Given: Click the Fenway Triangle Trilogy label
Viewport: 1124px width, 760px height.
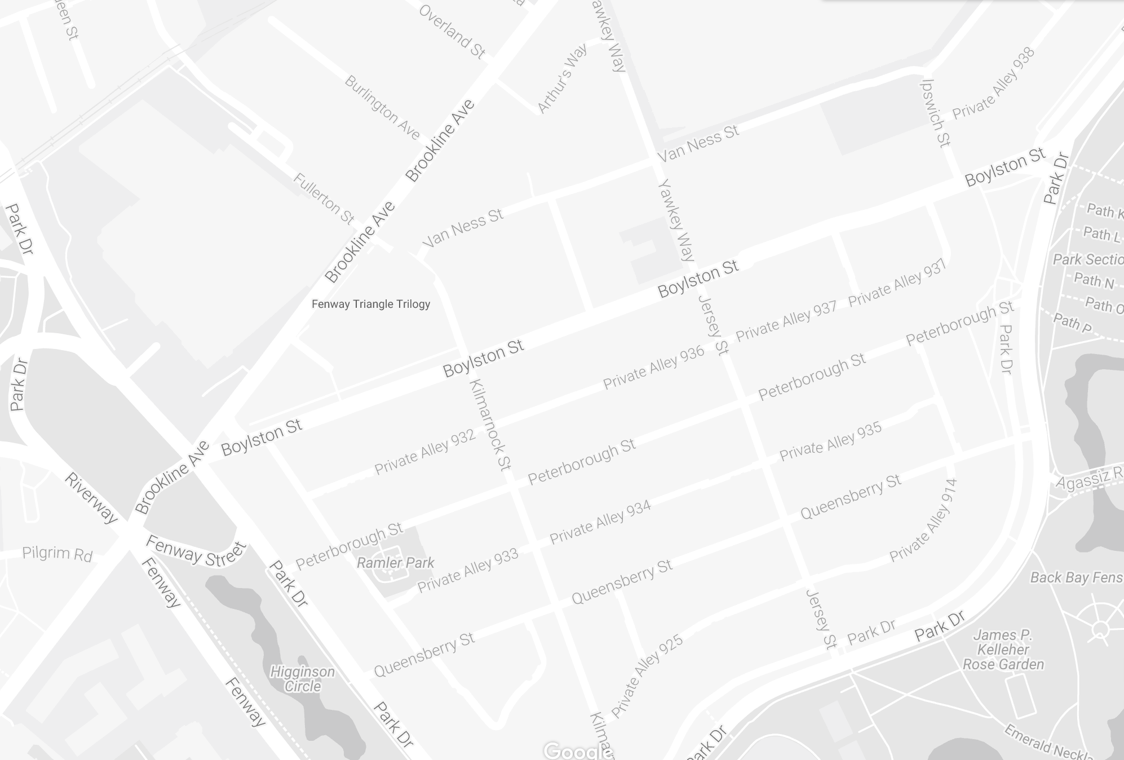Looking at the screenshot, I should point(371,304).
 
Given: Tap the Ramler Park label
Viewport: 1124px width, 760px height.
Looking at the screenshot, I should point(396,563).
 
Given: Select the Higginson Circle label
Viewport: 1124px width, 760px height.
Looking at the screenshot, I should point(302,679).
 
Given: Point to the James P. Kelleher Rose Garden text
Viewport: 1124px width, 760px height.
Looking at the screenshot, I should point(1003,649).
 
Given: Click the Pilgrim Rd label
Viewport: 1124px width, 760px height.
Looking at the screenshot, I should point(57,554).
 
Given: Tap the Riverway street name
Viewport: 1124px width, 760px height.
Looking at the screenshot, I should point(91,498).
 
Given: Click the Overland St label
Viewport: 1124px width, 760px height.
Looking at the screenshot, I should point(452,32).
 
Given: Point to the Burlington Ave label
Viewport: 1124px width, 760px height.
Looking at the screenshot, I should point(382,108).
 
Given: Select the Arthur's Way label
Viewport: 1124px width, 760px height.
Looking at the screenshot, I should point(562,78).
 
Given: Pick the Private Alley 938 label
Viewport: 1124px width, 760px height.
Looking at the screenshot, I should point(993,83).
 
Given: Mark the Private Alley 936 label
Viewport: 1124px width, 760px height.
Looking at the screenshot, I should point(653,367).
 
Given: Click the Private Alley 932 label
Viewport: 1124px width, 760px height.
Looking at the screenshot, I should point(425,452).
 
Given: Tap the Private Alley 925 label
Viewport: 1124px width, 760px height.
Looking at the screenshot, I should point(647,676).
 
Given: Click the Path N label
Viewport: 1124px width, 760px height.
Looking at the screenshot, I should point(1094,280).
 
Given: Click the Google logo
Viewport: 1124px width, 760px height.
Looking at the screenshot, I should point(576,751).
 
